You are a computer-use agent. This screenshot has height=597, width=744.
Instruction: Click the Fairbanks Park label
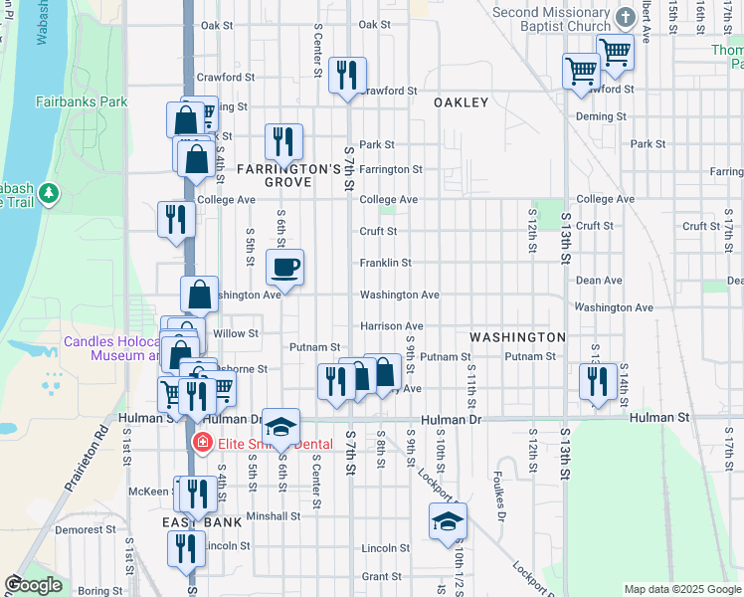click(82, 101)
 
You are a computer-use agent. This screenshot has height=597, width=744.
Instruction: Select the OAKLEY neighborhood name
click(461, 102)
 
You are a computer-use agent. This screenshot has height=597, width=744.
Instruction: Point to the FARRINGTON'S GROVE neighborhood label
click(288, 176)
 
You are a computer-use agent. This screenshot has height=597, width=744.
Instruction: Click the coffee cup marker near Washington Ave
click(285, 267)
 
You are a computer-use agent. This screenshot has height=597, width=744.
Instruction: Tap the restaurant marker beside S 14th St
click(597, 381)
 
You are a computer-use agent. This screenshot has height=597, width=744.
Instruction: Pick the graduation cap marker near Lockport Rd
click(448, 520)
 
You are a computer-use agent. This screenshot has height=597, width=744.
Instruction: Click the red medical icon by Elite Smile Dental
click(202, 441)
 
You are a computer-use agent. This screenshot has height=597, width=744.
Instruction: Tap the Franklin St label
click(385, 263)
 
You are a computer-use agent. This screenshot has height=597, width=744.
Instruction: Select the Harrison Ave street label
click(392, 326)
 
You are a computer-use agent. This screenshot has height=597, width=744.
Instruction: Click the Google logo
click(32, 585)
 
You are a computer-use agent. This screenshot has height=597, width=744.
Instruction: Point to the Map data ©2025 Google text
click(681, 589)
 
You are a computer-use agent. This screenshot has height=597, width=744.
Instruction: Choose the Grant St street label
click(381, 577)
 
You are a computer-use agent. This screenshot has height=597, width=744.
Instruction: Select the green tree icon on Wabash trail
click(48, 192)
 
